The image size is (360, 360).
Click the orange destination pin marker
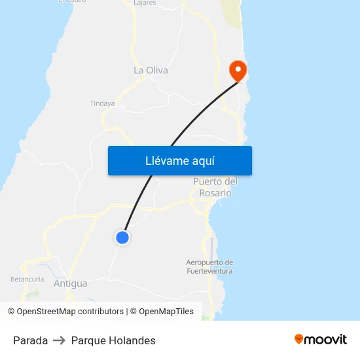click(236, 70)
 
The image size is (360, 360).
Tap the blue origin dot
click(122, 238)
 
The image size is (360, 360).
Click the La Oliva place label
click(151, 70)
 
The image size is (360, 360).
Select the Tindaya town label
click(102, 103)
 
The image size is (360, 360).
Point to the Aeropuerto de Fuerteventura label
click(209, 266)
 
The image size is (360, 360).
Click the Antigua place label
click(71, 283)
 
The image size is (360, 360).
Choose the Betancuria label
click(27, 279)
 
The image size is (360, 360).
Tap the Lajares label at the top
click(144, 3)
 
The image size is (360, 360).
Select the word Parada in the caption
click(30, 340)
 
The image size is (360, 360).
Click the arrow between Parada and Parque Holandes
click(59, 340)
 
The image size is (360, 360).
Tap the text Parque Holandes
click(113, 340)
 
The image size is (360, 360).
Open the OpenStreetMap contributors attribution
click(65, 312)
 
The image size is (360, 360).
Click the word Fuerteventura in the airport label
click(209, 270)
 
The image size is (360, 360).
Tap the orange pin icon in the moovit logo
click(299, 339)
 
